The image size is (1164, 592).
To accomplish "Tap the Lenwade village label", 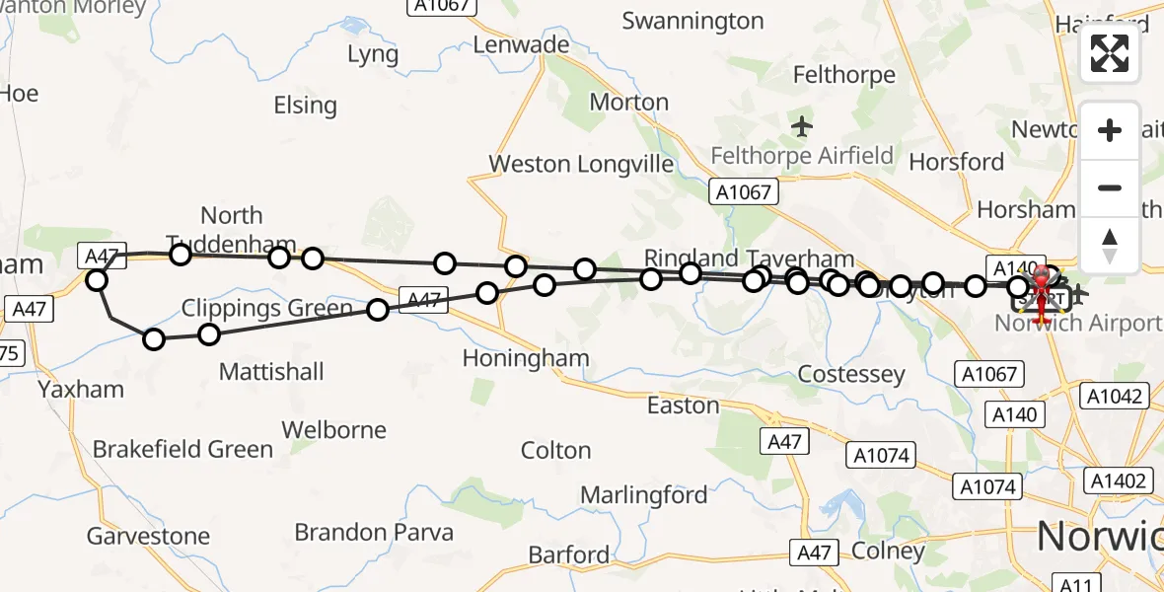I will pyautogui.click(x=521, y=44).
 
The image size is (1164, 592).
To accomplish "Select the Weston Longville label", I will pyautogui.click(x=582, y=164).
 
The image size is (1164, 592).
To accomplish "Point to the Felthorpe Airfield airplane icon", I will pyautogui.click(x=802, y=126).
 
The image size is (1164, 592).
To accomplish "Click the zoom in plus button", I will pyautogui.click(x=1110, y=130).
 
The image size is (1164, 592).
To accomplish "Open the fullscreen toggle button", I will pyautogui.click(x=1110, y=53).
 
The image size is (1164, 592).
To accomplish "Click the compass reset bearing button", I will pyautogui.click(x=1110, y=244).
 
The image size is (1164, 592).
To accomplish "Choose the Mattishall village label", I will pyautogui.click(x=271, y=372).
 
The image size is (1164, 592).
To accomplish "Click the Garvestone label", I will pyautogui.click(x=148, y=536).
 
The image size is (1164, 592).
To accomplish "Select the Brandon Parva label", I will pyautogui.click(x=374, y=533).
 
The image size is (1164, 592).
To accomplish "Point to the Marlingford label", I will pyautogui.click(x=643, y=494).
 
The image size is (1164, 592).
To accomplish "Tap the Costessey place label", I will pyautogui.click(x=850, y=374).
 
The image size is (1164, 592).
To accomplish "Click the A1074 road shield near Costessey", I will pyautogui.click(x=882, y=455).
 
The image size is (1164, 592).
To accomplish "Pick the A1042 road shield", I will pyautogui.click(x=1116, y=397).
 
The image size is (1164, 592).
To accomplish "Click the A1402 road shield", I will pyautogui.click(x=1119, y=481).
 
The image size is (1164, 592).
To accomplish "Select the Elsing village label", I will pyautogui.click(x=305, y=105).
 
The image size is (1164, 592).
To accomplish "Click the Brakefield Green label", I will pyautogui.click(x=182, y=449).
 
